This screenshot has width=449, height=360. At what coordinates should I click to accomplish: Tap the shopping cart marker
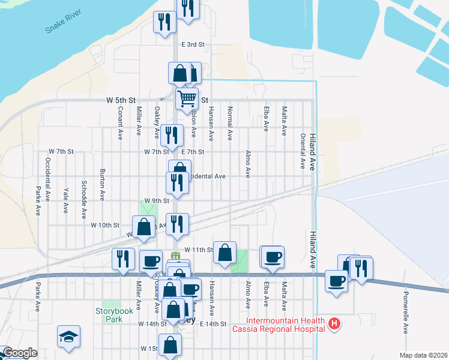187,98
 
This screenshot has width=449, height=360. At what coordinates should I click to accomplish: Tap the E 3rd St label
193,44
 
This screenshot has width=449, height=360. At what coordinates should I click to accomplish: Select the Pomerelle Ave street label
406,312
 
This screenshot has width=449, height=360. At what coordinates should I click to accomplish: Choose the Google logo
19,353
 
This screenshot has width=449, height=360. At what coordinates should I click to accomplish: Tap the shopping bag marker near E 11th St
224,253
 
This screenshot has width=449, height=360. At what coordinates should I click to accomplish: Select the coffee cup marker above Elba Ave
273,257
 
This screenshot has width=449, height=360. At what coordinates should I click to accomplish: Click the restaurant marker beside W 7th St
172,136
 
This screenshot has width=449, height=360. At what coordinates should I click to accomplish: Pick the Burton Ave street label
103,184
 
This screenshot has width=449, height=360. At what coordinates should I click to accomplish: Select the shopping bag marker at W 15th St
171,346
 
